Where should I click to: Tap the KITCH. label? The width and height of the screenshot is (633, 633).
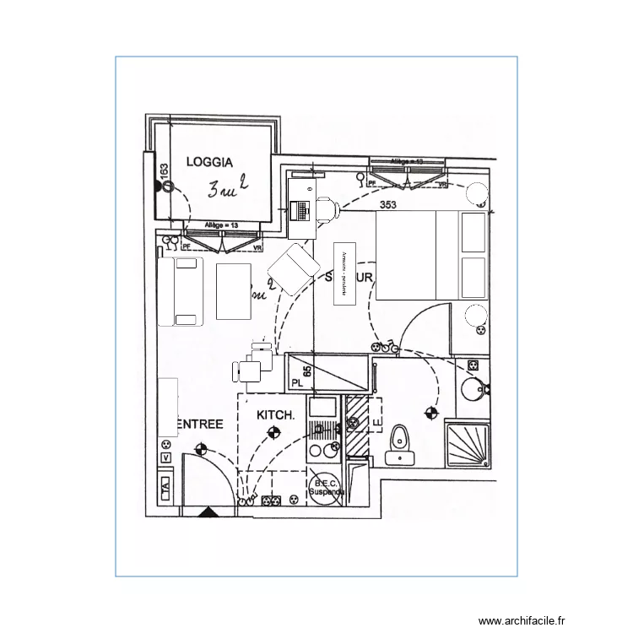click(275, 415)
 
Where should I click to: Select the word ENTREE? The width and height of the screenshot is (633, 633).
click(199, 424)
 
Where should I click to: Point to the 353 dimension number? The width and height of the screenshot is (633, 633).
click(388, 205)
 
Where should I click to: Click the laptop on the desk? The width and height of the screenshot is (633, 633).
click(299, 208)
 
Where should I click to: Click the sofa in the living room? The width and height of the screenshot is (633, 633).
click(180, 291)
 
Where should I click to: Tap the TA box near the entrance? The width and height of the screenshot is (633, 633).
click(165, 487)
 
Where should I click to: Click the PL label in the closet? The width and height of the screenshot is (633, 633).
click(296, 382)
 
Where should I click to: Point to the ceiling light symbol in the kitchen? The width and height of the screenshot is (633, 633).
click(273, 433)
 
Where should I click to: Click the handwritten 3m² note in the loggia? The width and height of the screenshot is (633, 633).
click(227, 187)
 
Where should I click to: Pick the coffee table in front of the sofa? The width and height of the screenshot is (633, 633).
click(234, 291)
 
